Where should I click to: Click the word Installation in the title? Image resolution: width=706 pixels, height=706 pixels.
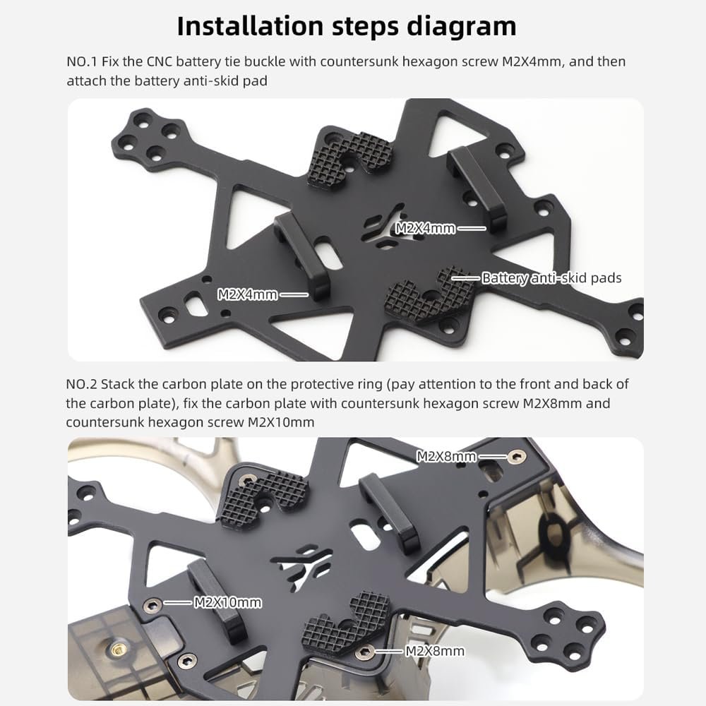pos(250,26)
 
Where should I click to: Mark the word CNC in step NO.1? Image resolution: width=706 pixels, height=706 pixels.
pos(160,61)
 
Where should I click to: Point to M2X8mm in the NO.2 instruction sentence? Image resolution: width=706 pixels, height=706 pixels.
pos(552,403)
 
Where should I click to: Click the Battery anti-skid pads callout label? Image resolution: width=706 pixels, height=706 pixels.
pos(551,278)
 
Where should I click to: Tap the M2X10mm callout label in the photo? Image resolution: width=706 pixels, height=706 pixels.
pos(227,602)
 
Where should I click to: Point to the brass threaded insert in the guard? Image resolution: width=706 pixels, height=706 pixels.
pos(119,649)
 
